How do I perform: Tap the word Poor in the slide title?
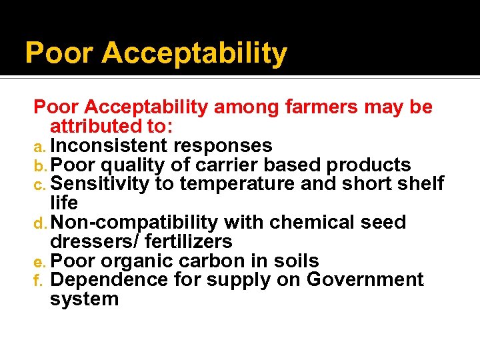[59, 53]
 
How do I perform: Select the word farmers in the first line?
[311, 107]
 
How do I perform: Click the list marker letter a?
[39, 147]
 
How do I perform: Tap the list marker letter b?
[39, 165]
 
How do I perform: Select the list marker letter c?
[39, 185]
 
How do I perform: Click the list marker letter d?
[39, 223]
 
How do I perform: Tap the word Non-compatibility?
[134, 223]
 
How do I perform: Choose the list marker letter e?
[39, 262]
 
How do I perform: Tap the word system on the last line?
[84, 299]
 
